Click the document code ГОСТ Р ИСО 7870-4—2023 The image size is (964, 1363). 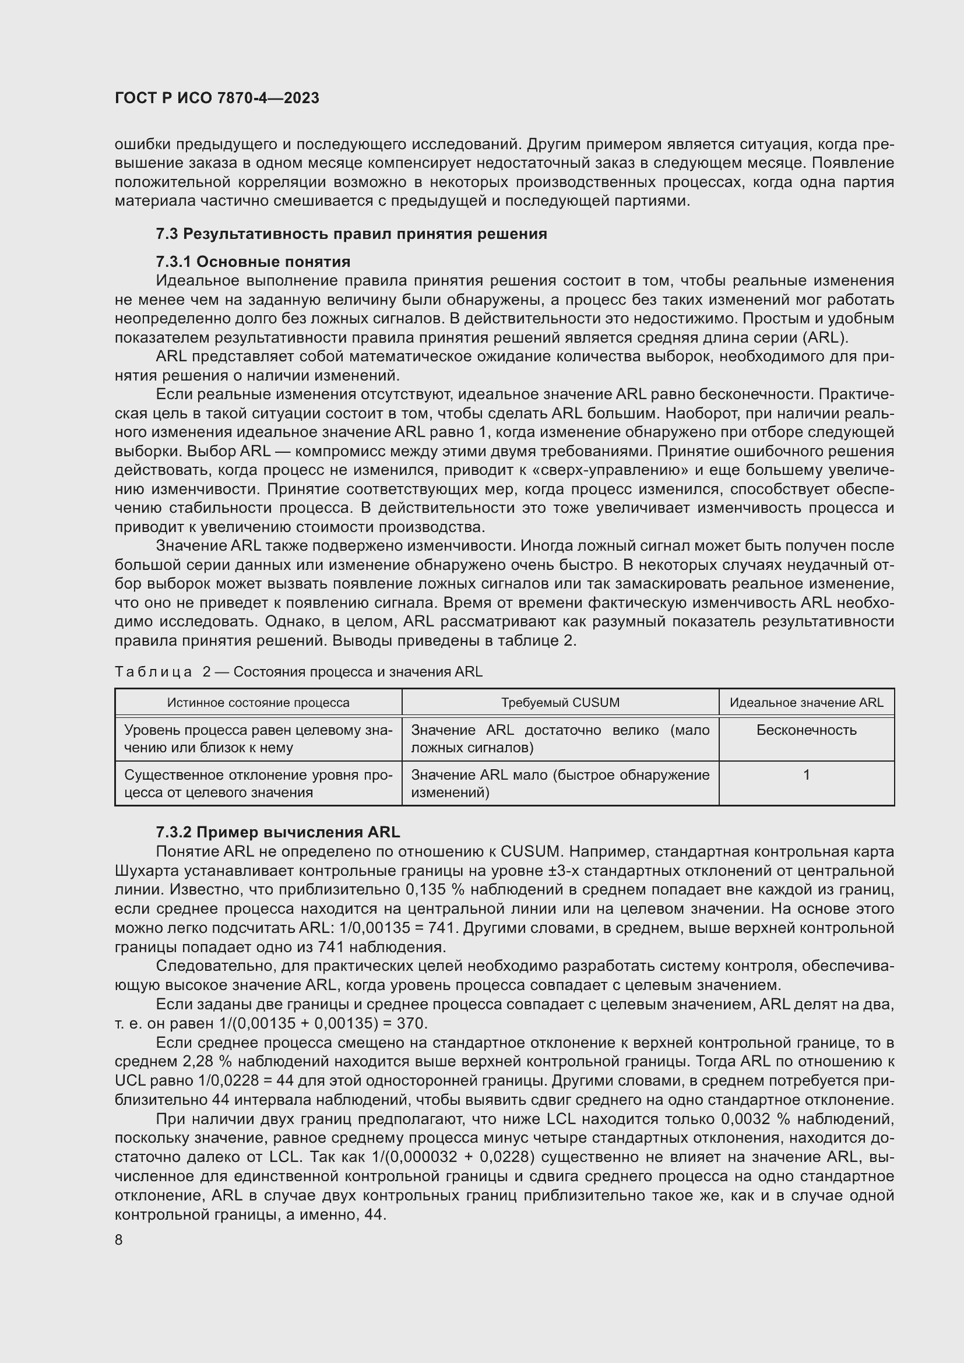pyautogui.click(x=217, y=98)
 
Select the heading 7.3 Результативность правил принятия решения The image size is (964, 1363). pyautogui.click(x=351, y=234)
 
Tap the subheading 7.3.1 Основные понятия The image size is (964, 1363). pyautogui.click(x=253, y=262)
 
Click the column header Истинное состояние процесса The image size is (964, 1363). pyautogui.click(x=258, y=703)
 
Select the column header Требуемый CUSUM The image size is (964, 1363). pyautogui.click(x=560, y=703)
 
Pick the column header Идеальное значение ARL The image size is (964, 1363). pyautogui.click(x=806, y=703)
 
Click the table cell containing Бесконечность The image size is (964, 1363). pyautogui.click(x=806, y=730)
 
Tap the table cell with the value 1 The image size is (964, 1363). pyautogui.click(x=806, y=774)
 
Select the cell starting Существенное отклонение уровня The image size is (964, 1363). pyautogui.click(x=258, y=784)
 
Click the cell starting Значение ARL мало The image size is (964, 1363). pyautogui.click(x=560, y=784)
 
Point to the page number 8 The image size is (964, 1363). pyautogui.click(x=119, y=1240)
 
